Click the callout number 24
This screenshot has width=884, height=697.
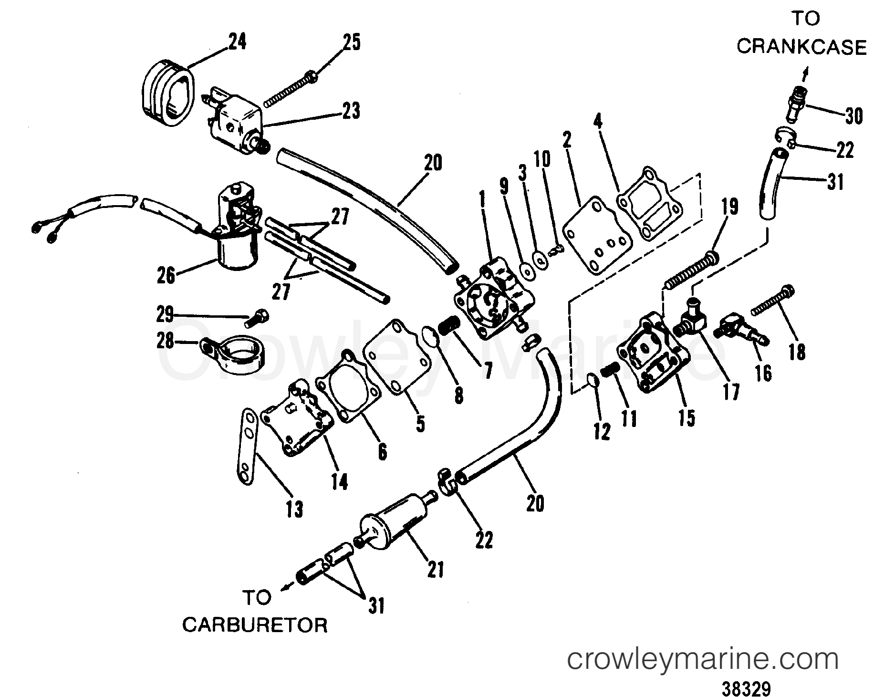coord(237,42)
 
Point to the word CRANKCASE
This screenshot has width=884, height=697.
coord(801,47)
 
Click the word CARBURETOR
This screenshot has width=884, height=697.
coord(255,625)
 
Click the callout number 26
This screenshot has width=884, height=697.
coord(166,276)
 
